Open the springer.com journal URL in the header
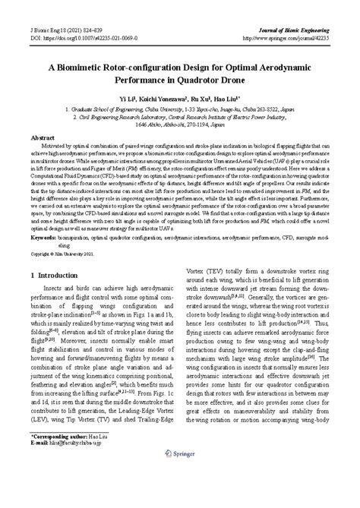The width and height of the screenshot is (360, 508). [293, 15]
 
